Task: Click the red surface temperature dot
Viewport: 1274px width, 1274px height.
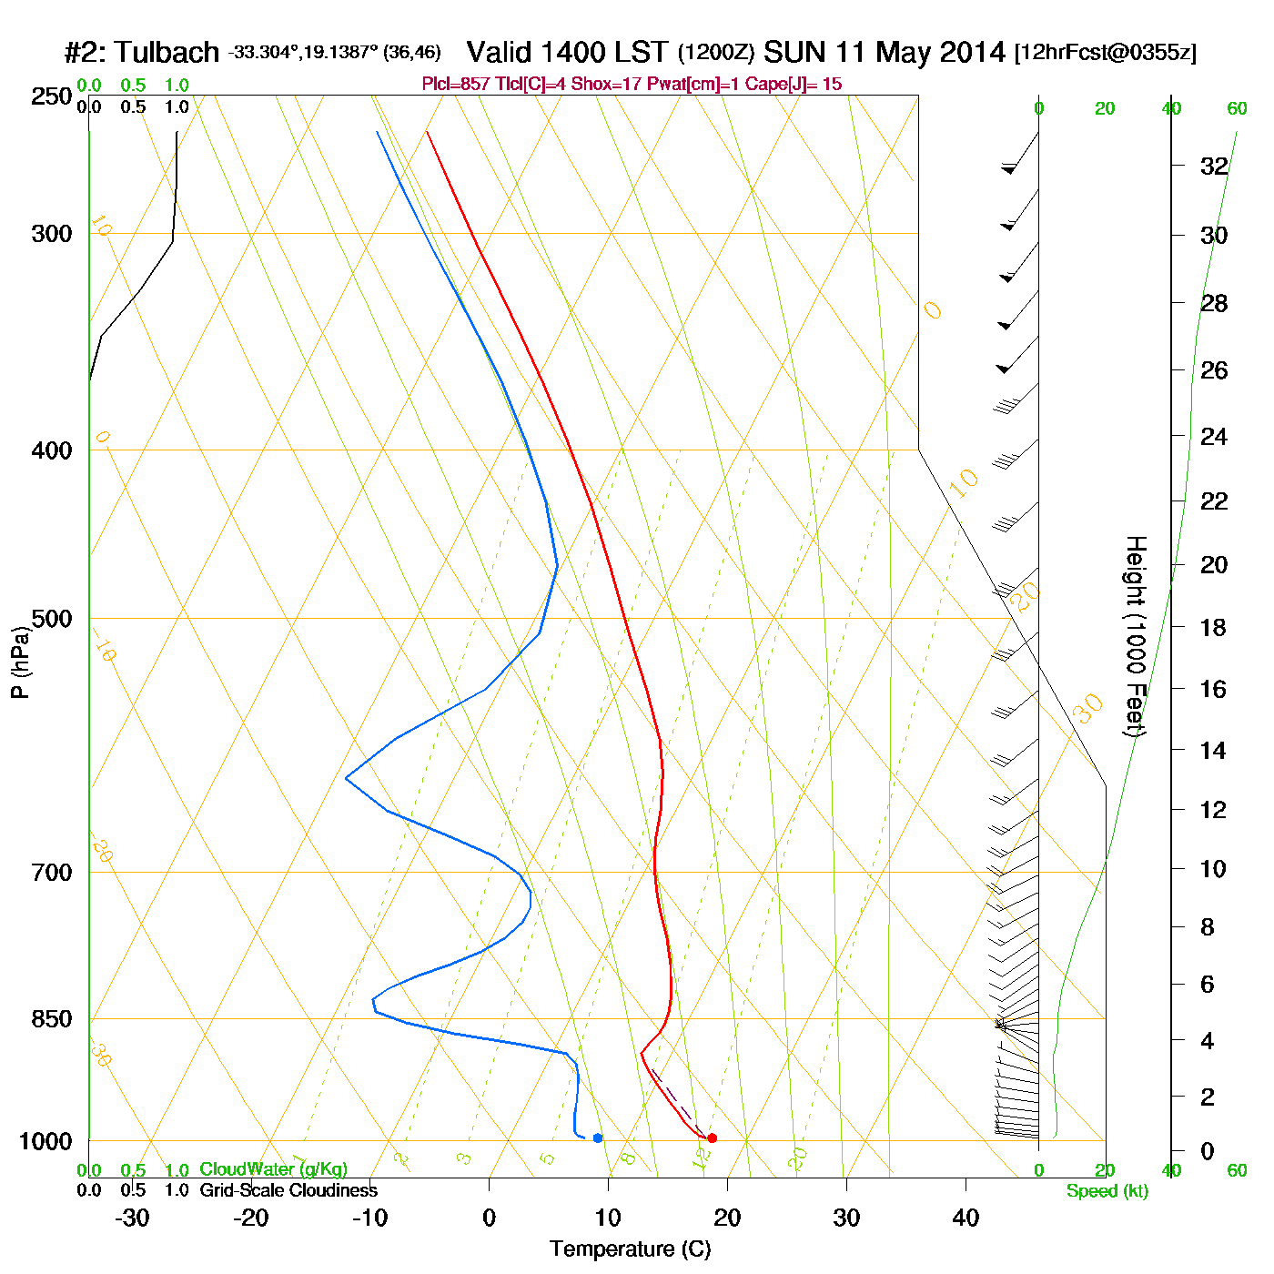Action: coord(712,1137)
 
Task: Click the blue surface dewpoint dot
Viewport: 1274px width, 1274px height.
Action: coord(598,1137)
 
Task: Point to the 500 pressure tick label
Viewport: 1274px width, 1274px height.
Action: coord(52,619)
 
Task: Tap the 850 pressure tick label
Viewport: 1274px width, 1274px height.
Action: coord(52,1019)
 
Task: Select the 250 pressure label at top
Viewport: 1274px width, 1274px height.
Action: coord(52,96)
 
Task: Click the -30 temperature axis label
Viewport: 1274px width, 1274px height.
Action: coord(132,1218)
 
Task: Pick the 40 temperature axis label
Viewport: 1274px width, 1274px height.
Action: coord(966,1218)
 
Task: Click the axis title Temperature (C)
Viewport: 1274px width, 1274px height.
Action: coord(630,1249)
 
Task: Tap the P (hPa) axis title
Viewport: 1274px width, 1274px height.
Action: coord(20,662)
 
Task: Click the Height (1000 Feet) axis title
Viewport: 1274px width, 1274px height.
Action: coord(1136,636)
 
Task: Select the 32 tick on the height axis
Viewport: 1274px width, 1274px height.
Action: coord(1214,167)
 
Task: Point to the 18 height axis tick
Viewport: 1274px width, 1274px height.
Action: coord(1214,627)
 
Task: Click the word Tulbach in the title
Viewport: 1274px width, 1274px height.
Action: coord(167,52)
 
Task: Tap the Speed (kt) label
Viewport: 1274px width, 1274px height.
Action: coord(1107,1191)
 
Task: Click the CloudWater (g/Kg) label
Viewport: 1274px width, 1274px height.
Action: coord(273,1169)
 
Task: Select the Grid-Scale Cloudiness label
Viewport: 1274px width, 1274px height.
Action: coord(288,1190)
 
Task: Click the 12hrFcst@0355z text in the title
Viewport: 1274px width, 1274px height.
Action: coord(1106,53)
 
